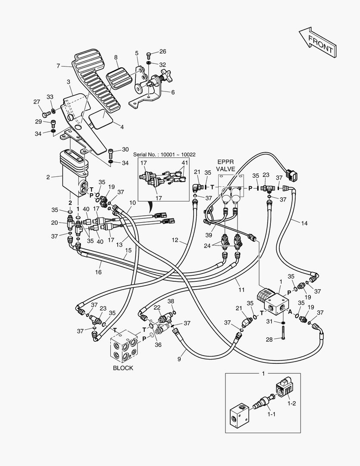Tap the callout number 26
pyautogui.click(x=163, y=52)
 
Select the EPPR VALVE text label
pyautogui.click(x=225, y=166)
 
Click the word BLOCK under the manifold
pyautogui.click(x=123, y=368)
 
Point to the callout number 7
pyautogui.click(x=58, y=66)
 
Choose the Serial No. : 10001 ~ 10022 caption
pyautogui.click(x=164, y=154)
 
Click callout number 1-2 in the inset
pyautogui.click(x=291, y=403)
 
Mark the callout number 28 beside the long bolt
pyautogui.click(x=269, y=339)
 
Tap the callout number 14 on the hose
pyautogui.click(x=304, y=223)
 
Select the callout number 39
pyautogui.click(x=209, y=235)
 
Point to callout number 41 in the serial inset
pyautogui.click(x=185, y=163)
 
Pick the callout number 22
pyautogui.click(x=157, y=307)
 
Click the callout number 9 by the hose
pyautogui.click(x=179, y=359)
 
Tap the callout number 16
pyautogui.click(x=98, y=272)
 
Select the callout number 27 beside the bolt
pyautogui.click(x=37, y=102)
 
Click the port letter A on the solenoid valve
pyautogui.click(x=290, y=312)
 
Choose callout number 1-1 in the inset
pyautogui.click(x=271, y=414)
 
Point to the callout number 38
pyautogui.click(x=171, y=301)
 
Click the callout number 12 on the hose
pyautogui.click(x=175, y=240)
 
